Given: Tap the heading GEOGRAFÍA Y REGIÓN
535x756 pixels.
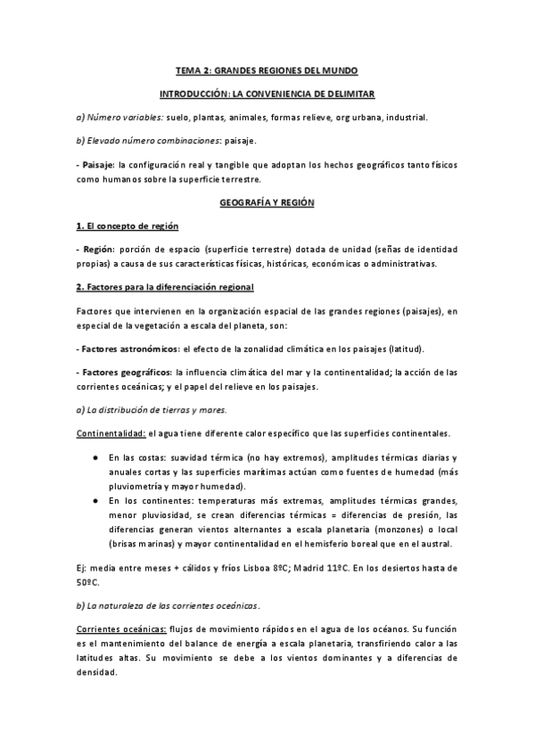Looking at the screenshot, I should pos(267,203).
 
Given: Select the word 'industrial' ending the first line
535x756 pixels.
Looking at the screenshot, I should pos(406,117).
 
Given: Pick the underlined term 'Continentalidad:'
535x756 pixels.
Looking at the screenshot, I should pos(110,433).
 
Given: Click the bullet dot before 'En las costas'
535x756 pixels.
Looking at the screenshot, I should pos(95,456).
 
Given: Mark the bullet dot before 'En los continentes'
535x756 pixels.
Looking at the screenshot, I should pos(95,501).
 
